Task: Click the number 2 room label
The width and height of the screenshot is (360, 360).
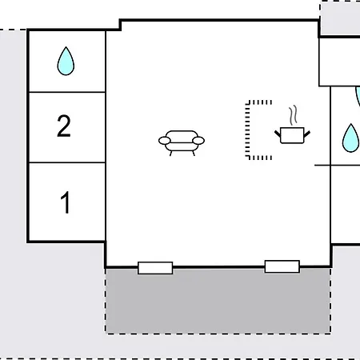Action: [x=64, y=126]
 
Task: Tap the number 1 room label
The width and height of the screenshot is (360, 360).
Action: [x=66, y=202]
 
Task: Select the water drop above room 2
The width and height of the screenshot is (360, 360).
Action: [x=66, y=62]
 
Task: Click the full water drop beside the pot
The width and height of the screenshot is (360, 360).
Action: [x=350, y=138]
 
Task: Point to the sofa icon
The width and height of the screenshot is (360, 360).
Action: [x=182, y=143]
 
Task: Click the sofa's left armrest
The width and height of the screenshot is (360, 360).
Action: [x=165, y=141]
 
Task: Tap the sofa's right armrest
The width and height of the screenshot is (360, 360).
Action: [x=198, y=141]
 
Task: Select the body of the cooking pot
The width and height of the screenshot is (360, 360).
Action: [x=292, y=135]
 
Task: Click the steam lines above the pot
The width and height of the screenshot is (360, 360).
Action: [x=293, y=115]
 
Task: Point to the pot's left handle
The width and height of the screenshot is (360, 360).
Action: [x=278, y=134]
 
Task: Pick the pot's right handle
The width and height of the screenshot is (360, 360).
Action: [x=307, y=134]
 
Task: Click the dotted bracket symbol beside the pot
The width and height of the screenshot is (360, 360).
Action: [x=247, y=130]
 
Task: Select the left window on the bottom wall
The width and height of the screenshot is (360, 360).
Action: [x=155, y=268]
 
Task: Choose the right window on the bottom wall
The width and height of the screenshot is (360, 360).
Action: [x=282, y=266]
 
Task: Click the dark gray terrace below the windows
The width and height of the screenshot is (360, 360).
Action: [x=218, y=301]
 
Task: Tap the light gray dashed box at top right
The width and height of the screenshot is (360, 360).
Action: [x=340, y=18]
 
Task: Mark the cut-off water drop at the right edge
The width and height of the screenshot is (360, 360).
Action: [x=358, y=97]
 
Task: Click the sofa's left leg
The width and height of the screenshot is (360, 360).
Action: [x=170, y=154]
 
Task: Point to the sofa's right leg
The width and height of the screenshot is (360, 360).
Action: [x=194, y=154]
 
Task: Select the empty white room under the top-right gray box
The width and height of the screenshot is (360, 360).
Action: [x=340, y=62]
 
